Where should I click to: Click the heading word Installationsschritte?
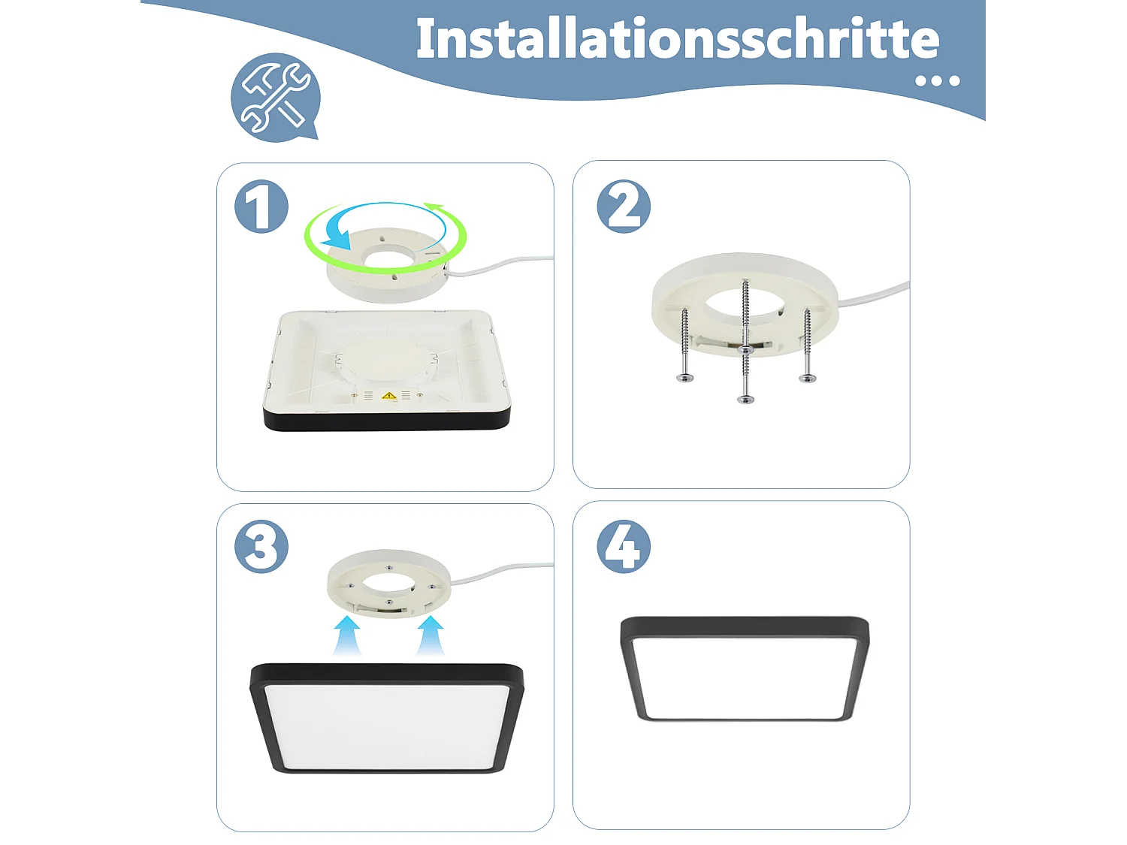pos(677,39)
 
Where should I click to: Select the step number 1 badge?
pos(261,207)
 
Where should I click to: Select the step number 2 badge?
pos(624,207)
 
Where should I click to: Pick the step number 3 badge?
pos(261,547)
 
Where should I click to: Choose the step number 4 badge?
pos(624,547)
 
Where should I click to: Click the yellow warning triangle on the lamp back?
pos(388,395)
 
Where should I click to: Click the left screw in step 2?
pos(684,346)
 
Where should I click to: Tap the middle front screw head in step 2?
pos(745,398)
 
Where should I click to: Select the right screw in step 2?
pos(807,346)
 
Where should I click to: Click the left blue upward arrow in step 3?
pos(346,635)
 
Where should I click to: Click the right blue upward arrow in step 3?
pos(431,635)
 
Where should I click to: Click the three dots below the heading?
pos(937,80)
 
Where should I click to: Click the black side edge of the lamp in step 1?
pos(387,421)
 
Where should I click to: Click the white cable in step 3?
pos(503,572)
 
